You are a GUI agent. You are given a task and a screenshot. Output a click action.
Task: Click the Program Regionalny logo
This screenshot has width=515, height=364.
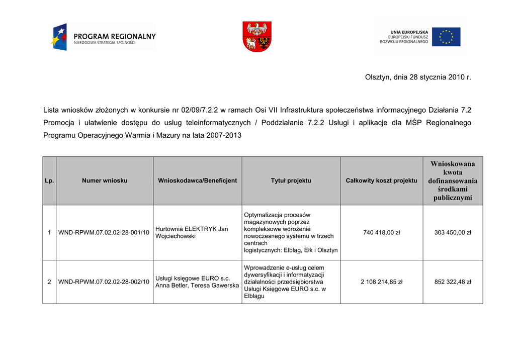point(103,37)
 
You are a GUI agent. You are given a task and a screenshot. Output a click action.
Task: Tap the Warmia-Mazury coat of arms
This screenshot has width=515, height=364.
point(257,37)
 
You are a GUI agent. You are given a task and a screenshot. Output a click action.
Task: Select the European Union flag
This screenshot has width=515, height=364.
point(446,37)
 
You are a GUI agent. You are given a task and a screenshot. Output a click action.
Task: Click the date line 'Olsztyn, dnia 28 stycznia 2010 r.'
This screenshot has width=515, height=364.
point(417,77)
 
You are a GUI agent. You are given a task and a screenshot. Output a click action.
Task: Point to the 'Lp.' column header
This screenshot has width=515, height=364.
point(49,181)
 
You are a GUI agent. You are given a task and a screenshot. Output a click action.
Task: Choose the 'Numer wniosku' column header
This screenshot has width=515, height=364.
point(105,181)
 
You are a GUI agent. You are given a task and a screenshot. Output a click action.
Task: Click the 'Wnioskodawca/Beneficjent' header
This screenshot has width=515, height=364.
point(197,181)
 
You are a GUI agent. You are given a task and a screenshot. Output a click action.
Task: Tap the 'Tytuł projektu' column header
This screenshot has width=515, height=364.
point(291,181)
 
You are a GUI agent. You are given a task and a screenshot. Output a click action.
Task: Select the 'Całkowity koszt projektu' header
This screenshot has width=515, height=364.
point(381,181)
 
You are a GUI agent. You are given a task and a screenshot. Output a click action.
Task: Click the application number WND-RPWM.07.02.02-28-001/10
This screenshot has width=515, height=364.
point(104,233)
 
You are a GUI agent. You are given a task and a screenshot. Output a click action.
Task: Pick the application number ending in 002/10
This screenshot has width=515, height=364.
point(104,282)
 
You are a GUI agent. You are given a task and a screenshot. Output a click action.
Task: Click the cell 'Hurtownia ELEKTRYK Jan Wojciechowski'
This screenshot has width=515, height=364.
point(192,232)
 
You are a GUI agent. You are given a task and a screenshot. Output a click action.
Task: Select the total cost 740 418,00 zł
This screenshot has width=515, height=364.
point(381,233)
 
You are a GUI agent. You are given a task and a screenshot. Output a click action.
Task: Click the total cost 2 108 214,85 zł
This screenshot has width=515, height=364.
point(381,282)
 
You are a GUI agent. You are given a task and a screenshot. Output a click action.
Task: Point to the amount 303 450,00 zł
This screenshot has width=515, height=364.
point(453,233)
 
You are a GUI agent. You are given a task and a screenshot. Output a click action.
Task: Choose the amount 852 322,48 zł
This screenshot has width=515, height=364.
point(453,282)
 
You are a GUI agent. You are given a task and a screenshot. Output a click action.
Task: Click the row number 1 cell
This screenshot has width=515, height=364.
point(49,233)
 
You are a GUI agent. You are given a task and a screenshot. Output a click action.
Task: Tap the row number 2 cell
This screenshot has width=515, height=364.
point(49,282)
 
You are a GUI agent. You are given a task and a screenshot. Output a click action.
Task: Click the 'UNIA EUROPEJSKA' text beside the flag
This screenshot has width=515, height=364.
point(409,32)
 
